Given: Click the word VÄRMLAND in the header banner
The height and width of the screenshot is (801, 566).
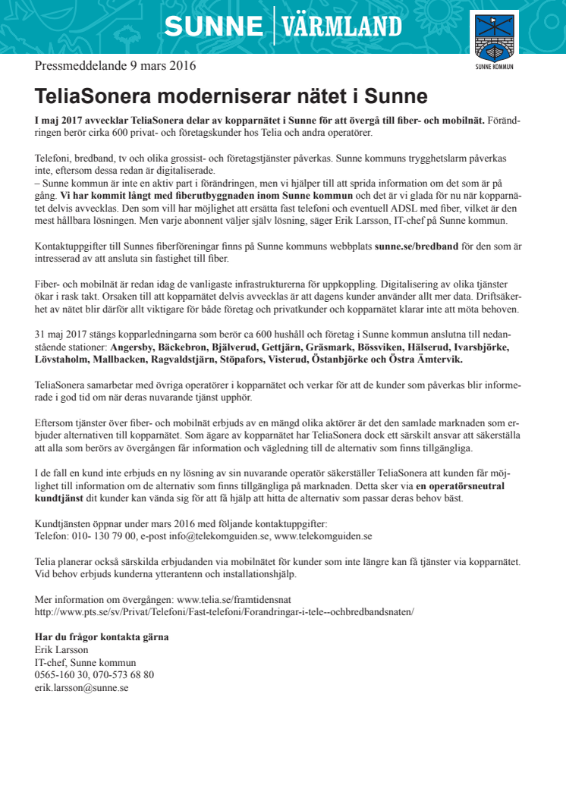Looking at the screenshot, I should (x=342, y=27).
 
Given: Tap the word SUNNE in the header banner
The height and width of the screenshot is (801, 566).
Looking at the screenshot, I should (x=213, y=27).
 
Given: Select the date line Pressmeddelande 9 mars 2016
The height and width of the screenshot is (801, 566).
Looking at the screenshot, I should (x=115, y=65).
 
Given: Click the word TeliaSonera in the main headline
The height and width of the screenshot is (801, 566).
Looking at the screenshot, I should (x=94, y=96).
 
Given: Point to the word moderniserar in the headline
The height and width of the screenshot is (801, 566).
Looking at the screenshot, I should (x=231, y=96).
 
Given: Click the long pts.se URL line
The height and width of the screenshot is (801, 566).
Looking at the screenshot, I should (x=225, y=611).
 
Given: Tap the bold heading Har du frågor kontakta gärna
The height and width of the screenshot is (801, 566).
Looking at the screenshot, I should (x=102, y=636).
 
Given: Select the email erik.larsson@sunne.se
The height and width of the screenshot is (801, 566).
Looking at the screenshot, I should (x=81, y=687).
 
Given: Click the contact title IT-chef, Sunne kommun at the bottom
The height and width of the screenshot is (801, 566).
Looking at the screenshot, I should (x=85, y=661).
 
